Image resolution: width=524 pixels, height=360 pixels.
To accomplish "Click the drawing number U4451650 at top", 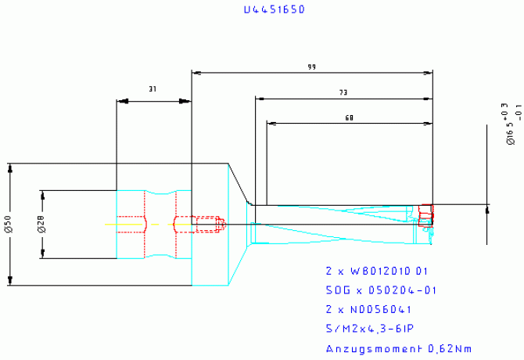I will coord(274,10).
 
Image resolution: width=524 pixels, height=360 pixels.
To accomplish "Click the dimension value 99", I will coord(312,67).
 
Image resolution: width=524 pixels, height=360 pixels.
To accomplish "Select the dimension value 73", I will coord(343,93).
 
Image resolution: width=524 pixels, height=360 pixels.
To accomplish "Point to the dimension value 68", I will coord(349,117).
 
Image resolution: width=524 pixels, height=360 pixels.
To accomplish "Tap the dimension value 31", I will coord(153,90).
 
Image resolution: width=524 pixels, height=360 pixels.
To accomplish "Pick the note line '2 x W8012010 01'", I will coord(377,271).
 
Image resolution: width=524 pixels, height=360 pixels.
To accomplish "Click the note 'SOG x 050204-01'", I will coord(381,290).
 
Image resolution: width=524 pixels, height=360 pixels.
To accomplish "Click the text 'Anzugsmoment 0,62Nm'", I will coord(398,348).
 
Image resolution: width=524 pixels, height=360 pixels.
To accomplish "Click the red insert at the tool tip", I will coord(425,215).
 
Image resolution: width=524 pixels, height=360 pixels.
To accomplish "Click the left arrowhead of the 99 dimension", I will coord(196,74).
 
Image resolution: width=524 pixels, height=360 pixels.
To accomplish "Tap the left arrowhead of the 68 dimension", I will coord(271,123).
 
